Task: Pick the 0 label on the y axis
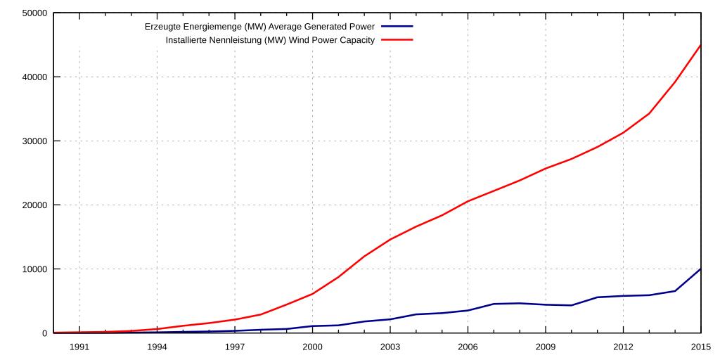click(x=44, y=333)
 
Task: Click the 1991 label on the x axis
click(x=79, y=346)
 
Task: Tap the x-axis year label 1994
click(x=157, y=346)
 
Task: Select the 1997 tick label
click(x=235, y=346)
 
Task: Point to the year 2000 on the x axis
click(x=312, y=346)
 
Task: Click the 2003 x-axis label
click(x=390, y=346)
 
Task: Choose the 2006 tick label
click(x=468, y=346)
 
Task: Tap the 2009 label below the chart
click(x=546, y=346)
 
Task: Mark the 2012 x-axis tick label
click(x=623, y=346)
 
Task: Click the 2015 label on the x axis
click(x=700, y=346)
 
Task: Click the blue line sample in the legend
click(x=399, y=27)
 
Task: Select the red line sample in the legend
click(x=399, y=40)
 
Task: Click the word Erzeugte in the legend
click(x=160, y=27)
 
